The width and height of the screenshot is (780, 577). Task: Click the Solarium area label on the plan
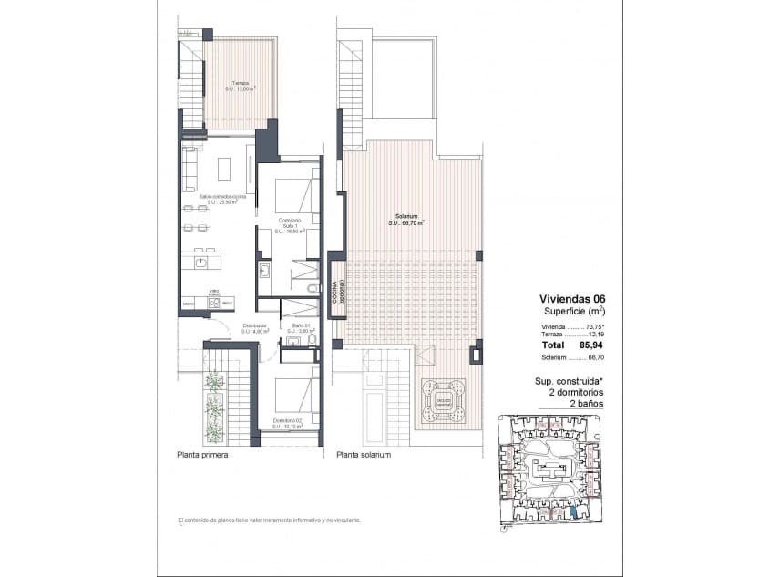(407, 220)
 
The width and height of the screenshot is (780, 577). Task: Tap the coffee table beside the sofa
(224, 167)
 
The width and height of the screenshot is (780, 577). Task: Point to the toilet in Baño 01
(312, 340)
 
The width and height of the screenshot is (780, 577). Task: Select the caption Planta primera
(202, 453)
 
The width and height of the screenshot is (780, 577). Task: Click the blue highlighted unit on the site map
(573, 513)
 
